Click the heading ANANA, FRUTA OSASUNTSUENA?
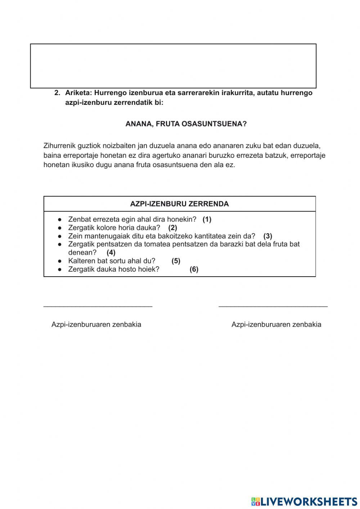coord(186,124)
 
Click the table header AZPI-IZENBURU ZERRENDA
coord(179,204)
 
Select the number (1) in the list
coord(207,219)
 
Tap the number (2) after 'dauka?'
coord(172,228)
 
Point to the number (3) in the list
coord(267,236)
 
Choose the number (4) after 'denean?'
coord(111,253)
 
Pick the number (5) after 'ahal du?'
coord(176,261)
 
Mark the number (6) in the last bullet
coord(194,269)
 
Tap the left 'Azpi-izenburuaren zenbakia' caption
coord(96,325)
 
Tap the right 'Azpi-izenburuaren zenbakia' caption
coord(276,325)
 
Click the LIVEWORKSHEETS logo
coord(304,501)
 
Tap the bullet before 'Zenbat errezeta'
coord(60,219)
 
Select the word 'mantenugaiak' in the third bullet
coord(104,236)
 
